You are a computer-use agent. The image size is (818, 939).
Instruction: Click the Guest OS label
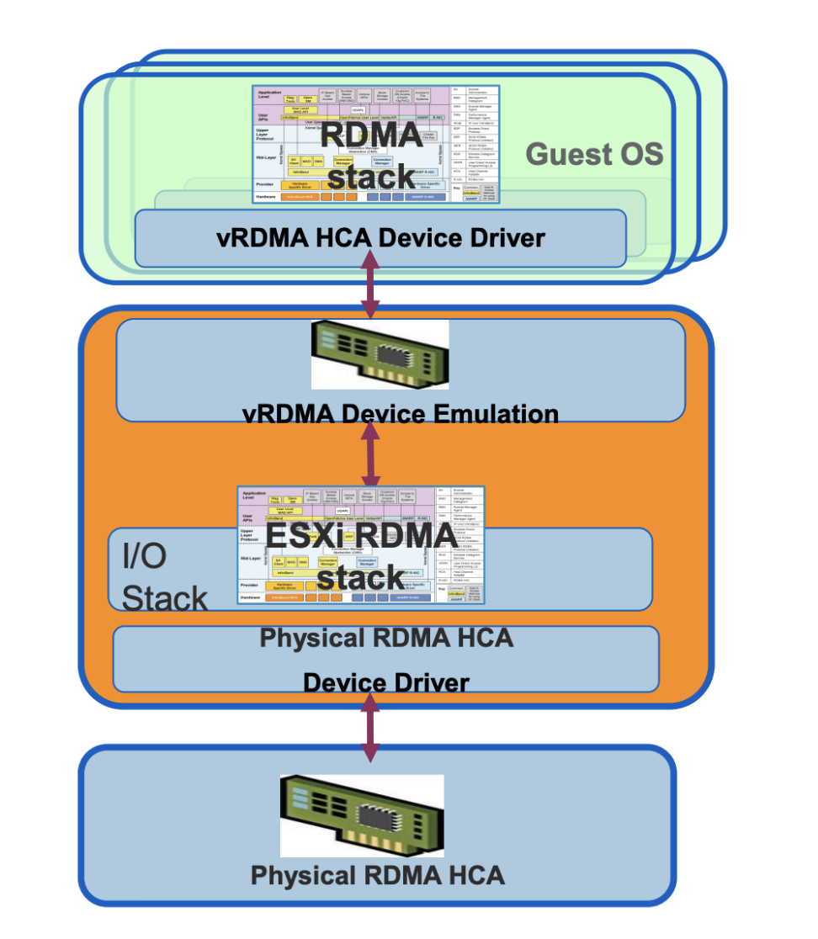pyautogui.click(x=594, y=155)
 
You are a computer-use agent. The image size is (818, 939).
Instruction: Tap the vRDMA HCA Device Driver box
pyautogui.click(x=380, y=238)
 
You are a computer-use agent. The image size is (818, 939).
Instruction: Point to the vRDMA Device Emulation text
pyautogui.click(x=400, y=415)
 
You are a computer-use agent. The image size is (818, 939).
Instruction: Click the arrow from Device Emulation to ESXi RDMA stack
pyautogui.click(x=371, y=454)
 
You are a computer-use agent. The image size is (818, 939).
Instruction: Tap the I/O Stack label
pyautogui.click(x=164, y=576)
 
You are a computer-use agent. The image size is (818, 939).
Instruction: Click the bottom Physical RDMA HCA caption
pyautogui.click(x=378, y=875)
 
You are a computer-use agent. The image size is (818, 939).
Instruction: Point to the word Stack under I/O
pyautogui.click(x=165, y=598)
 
